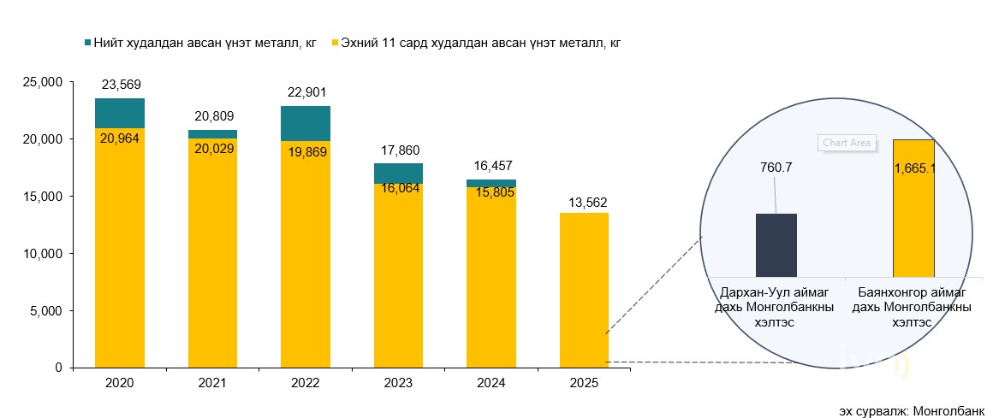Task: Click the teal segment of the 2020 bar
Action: (119, 113)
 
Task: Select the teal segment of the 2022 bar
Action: (306, 123)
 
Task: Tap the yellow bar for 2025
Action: (584, 290)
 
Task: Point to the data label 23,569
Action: (121, 85)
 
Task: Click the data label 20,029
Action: (213, 148)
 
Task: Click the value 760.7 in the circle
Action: (776, 168)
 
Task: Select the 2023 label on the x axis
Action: (399, 383)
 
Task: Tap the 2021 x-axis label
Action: (212, 383)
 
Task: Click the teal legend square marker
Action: (87, 42)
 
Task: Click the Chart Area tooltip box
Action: (847, 143)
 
